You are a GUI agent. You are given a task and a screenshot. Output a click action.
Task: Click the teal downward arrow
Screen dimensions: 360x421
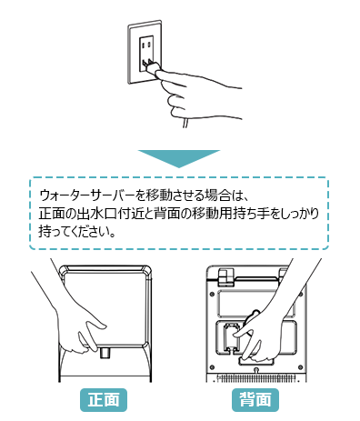179,158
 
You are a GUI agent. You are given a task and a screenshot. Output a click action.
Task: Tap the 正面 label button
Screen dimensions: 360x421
104,400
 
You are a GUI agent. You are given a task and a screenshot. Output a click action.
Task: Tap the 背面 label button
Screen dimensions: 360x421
255,400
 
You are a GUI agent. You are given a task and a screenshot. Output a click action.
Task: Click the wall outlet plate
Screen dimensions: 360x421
145,52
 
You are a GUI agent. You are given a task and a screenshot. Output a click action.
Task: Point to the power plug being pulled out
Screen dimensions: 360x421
151,66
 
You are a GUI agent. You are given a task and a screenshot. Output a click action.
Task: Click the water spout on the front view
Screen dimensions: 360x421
105,353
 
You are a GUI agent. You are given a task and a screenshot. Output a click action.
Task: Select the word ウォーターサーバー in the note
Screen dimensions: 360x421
87,195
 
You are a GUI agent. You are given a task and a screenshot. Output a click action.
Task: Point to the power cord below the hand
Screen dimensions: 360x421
185,124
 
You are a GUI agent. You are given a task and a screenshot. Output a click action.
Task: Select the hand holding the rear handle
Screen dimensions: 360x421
273,318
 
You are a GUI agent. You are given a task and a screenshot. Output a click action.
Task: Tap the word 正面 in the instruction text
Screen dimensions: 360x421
52,214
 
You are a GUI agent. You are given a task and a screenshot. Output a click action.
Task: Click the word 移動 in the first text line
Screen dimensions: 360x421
158,195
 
